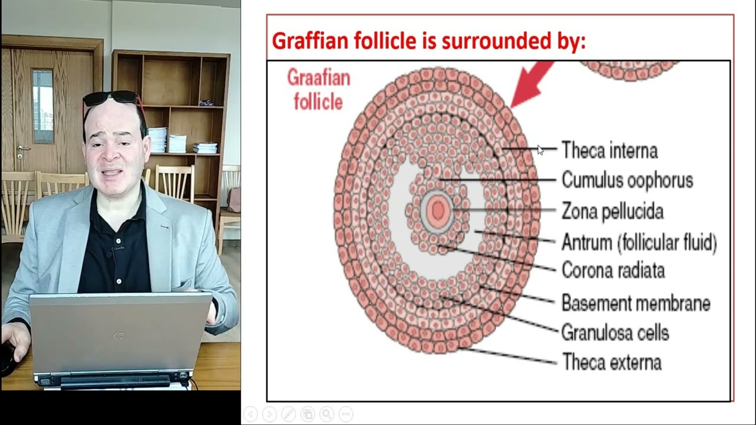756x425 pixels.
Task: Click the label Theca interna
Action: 609,151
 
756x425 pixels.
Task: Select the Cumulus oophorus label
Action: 627,180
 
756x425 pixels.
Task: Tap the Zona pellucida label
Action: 612,211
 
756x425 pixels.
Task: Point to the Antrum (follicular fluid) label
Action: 638,242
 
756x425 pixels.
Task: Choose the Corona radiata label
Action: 612,270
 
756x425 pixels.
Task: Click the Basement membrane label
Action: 635,303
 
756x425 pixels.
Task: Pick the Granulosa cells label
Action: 614,332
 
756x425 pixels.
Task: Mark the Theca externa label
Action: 611,362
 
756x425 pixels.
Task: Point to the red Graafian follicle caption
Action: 318,89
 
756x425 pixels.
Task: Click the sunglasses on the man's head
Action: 111,97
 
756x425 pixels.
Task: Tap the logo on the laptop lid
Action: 119,336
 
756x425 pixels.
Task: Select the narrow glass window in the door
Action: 43,107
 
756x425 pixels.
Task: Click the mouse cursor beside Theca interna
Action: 540,151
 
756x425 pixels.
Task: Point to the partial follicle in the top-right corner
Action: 628,70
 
